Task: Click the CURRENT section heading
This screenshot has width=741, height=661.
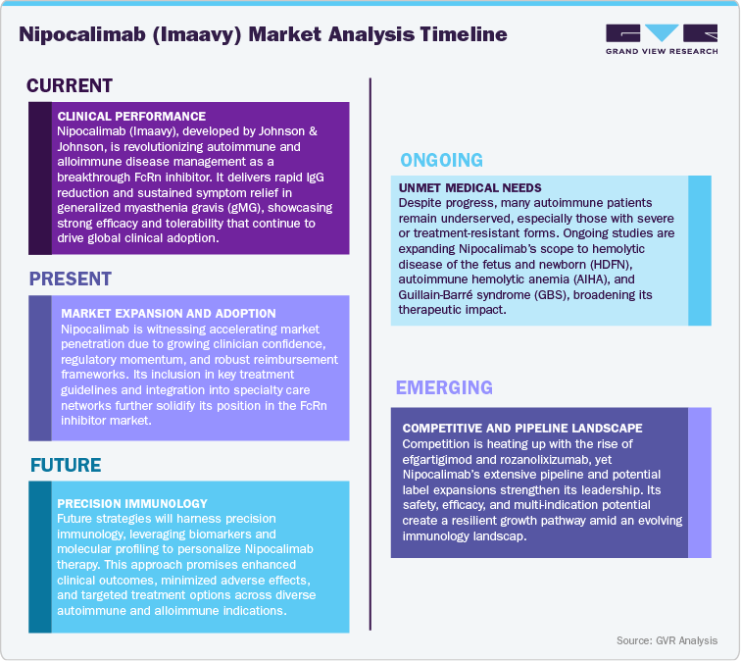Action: (x=70, y=86)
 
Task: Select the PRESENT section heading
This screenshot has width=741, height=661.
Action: (x=71, y=279)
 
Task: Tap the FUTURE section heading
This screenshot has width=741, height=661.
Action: (x=66, y=465)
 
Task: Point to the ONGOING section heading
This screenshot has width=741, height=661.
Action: (x=441, y=160)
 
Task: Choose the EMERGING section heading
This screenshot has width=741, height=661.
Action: (x=444, y=388)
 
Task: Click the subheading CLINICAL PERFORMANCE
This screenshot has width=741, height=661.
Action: (x=131, y=116)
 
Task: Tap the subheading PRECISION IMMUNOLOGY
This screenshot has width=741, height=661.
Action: (x=133, y=502)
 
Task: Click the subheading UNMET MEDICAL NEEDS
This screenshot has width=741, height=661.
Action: (x=469, y=186)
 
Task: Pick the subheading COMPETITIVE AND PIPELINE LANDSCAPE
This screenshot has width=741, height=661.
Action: (x=522, y=428)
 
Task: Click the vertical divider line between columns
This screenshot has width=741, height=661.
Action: (x=370, y=343)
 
